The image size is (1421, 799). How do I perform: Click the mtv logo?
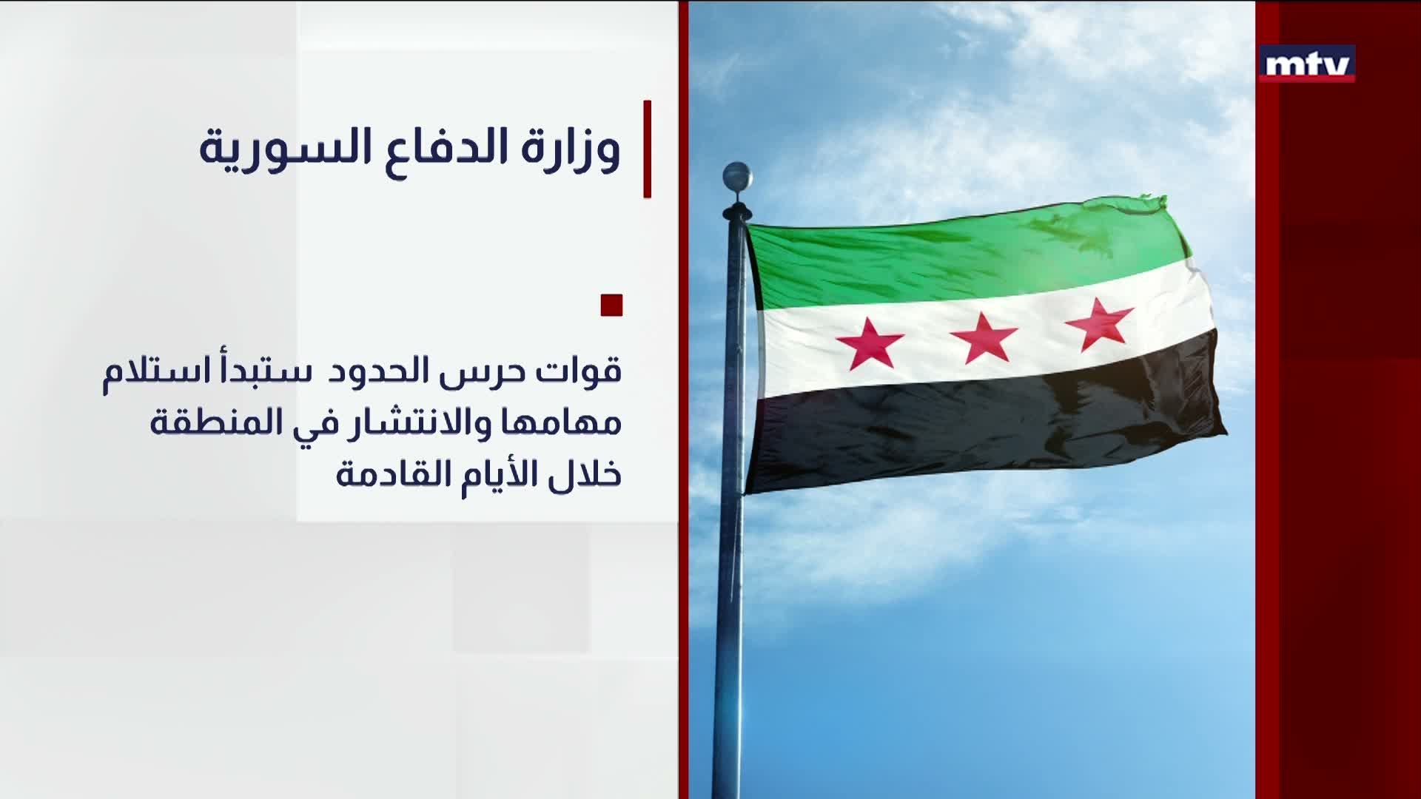pos(1307,64)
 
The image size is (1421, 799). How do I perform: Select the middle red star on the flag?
pos(984,337)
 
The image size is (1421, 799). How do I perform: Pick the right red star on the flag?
pos(1098,326)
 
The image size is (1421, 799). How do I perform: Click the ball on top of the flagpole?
pos(737,176)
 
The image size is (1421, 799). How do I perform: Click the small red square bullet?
pos(611,306)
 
